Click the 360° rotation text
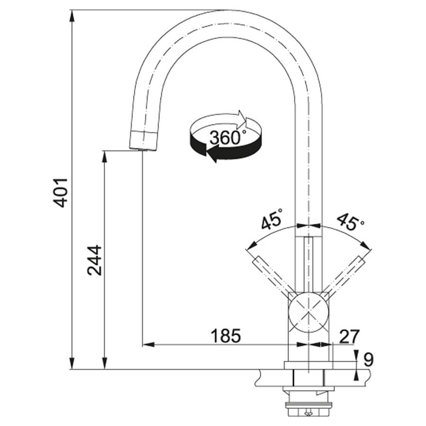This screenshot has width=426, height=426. point(227,138)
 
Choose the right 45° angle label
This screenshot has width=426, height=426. point(350,221)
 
